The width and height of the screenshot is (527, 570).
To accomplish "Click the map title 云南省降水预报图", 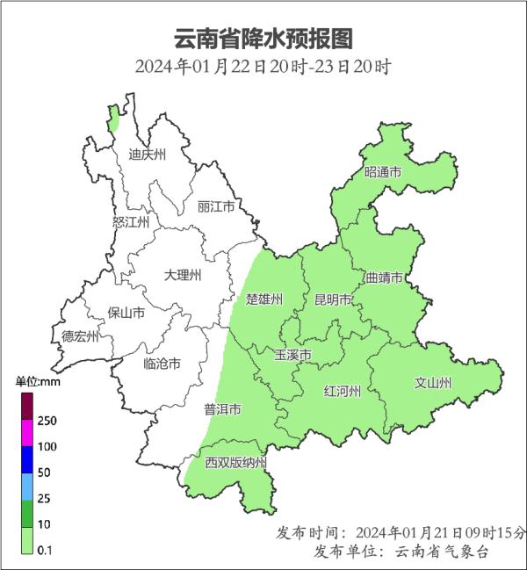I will pos(263,39).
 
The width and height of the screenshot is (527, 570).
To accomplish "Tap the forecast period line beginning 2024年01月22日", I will pos(263,67).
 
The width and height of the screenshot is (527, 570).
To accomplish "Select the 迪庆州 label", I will pos(147,155).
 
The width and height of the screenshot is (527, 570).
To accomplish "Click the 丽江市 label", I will pos(216,207).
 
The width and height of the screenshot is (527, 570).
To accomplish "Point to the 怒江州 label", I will pos(131,222).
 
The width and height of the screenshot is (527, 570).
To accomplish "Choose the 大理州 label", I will pos(183,275).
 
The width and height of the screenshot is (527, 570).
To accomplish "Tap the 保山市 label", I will pos(126,312).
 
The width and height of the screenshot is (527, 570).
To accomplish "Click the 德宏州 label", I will pos(80,336).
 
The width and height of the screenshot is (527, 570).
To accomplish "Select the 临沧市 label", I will pos(162,363).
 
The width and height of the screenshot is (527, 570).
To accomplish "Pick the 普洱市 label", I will pos(223,409).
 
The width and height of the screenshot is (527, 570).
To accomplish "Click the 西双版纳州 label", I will pos(235,462).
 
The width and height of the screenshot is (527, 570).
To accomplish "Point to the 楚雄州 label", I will pos(264,299).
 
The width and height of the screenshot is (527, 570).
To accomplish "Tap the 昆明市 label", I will pos(333,299).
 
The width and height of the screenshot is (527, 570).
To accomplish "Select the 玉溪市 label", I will pos(293,355).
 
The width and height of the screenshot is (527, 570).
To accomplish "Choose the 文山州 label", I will pos(432,383).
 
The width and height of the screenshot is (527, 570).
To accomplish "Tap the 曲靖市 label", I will pos(384,278).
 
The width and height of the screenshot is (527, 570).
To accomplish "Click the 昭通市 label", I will pos(383,172).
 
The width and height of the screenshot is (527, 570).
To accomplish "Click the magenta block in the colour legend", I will pos(26,431).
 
